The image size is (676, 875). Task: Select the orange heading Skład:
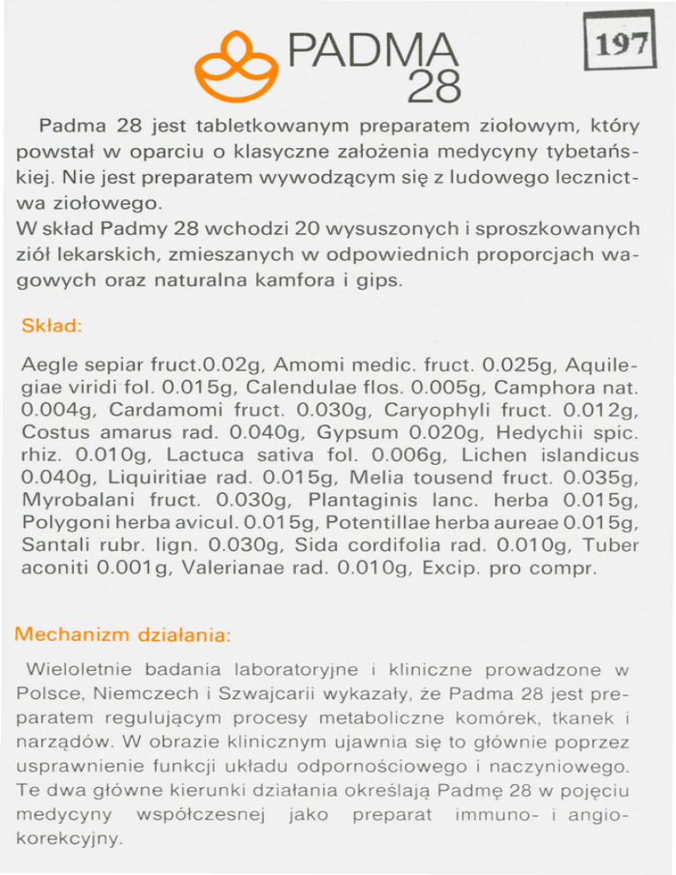[x=52, y=326]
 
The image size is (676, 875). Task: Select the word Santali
[x=56, y=547]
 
